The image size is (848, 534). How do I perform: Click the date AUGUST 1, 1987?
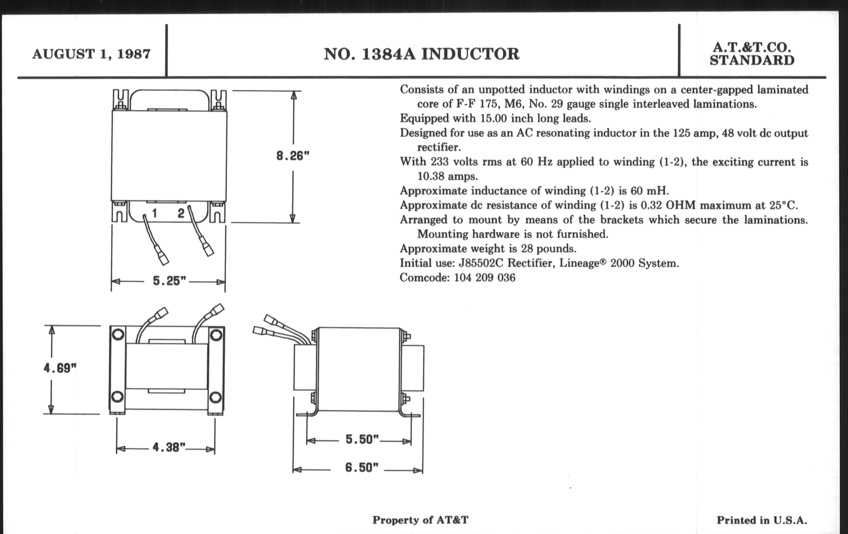tap(92, 54)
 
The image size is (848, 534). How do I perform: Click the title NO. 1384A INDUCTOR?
tap(422, 54)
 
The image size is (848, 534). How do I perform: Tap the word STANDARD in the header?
tap(752, 60)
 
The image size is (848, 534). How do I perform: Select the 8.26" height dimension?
tap(293, 155)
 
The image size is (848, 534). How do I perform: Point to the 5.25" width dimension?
tap(169, 281)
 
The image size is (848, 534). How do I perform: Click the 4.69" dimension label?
tap(60, 368)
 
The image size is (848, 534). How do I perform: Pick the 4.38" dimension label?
tap(169, 447)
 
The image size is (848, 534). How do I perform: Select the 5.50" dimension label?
tap(362, 439)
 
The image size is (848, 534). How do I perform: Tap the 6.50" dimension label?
tap(362, 467)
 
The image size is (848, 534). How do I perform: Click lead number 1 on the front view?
tap(154, 213)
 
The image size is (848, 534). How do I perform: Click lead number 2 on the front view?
tap(181, 213)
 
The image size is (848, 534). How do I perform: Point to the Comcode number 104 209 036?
tap(485, 278)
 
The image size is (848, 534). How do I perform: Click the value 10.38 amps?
tap(448, 176)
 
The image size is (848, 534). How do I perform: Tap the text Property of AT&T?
tap(421, 520)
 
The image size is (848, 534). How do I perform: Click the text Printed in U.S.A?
tap(762, 520)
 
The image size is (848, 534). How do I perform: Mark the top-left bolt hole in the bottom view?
tap(118, 334)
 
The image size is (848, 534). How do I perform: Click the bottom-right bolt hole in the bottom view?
tap(215, 398)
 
